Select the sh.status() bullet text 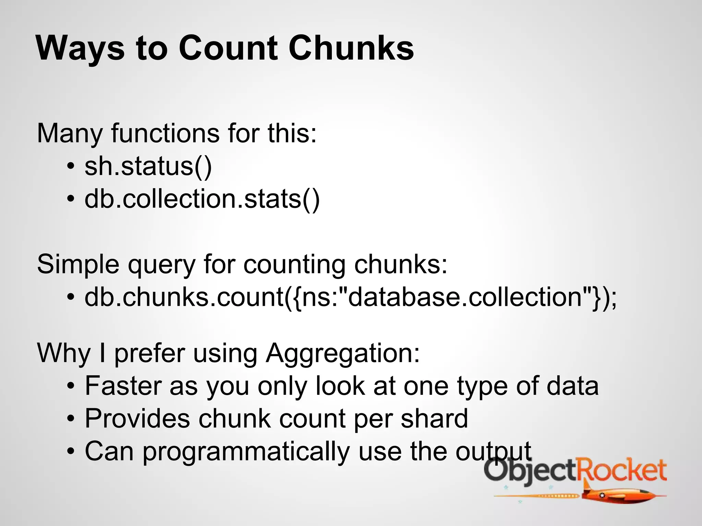[148, 166]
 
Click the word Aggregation [343, 353]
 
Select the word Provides [137, 418]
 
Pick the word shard [434, 418]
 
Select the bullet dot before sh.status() [71, 167]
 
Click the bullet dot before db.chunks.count [71, 297]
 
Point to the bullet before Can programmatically [71, 451]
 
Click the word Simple [78, 265]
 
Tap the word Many [70, 134]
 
